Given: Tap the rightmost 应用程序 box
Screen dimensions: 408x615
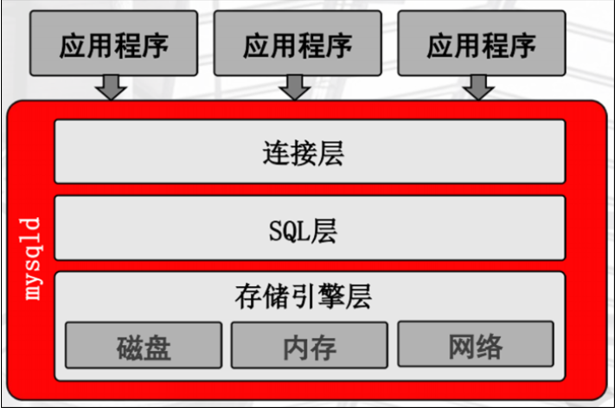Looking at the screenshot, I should tap(480, 43).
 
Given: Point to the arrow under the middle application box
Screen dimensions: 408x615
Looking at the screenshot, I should tap(296, 86).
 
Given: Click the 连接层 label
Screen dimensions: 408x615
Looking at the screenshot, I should tap(303, 153).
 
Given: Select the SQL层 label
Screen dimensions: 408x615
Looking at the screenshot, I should tap(303, 229).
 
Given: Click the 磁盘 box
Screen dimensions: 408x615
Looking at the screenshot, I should tap(144, 346).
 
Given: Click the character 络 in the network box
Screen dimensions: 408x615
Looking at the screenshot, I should tap(490, 347).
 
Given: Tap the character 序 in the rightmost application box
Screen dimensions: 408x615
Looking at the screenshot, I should tap(522, 44).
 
